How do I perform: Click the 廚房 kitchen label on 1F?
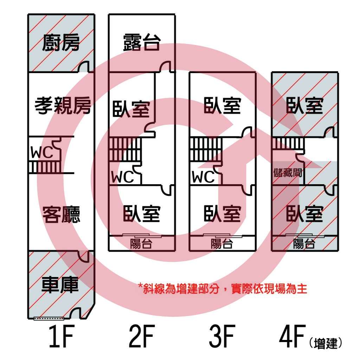coord(61,43)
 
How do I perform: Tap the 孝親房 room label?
coord(63,105)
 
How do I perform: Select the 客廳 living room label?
coord(61,214)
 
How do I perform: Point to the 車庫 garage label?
coord(60,285)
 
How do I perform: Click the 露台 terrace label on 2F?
coord(142,42)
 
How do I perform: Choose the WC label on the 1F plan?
coord(42,152)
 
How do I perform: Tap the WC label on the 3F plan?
coord(203,177)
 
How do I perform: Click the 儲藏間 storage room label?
coord(288,173)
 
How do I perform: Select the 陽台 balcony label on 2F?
coord(141,244)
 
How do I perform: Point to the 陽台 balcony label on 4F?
coord(304,244)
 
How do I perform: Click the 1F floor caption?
coord(61,336)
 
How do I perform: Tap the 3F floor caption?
coord(222,336)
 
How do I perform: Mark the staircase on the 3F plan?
coord(206,149)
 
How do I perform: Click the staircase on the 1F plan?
coord(45,168)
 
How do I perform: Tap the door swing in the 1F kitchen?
coord(83,67)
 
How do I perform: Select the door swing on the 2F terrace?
coord(165,67)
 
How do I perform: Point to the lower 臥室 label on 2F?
coord(142,213)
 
